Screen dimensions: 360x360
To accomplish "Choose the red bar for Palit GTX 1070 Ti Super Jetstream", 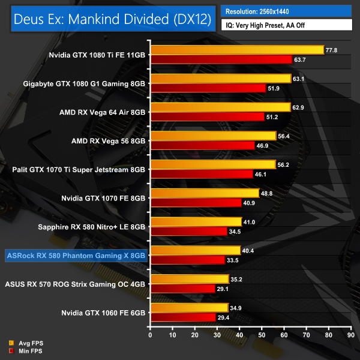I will (x=202, y=174).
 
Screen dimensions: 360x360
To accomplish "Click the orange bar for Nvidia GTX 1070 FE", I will (x=205, y=193).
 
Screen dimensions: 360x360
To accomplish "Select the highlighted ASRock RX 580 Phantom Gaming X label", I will (x=76, y=256).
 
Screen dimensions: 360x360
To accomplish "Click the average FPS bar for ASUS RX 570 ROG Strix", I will (x=190, y=279).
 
